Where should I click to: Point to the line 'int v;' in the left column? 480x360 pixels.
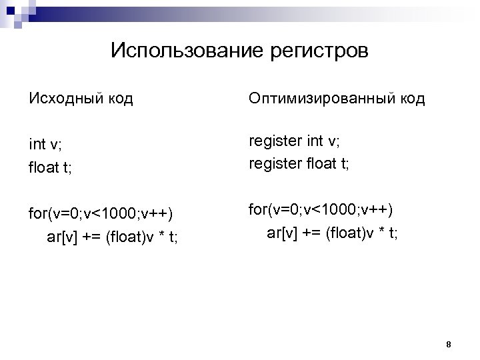pyautogui.click(x=45, y=144)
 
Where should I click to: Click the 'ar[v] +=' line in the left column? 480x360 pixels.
pyautogui.click(x=113, y=237)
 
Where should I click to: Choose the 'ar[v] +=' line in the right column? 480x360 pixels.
pyautogui.click(x=331, y=233)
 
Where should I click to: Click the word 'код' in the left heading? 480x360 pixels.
pyautogui.click(x=118, y=100)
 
